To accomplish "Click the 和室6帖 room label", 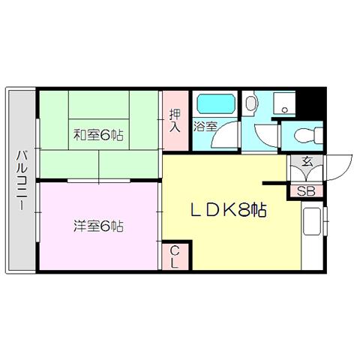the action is tap(98, 135).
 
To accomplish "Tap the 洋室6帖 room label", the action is tap(98, 226).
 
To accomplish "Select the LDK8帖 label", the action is tap(229, 209).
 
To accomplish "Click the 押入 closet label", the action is tap(175, 121).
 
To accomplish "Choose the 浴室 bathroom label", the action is tap(205, 127).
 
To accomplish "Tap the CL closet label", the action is tap(175, 256).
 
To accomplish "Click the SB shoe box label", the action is tap(306, 191).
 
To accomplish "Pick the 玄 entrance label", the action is tap(307, 162).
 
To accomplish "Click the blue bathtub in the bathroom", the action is tap(217, 103).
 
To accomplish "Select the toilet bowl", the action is tap(308, 136).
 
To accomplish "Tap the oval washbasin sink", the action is tap(250, 103).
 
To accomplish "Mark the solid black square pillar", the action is tap(310, 103).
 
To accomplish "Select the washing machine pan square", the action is tap(284, 103).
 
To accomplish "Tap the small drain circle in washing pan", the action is tap(284, 109).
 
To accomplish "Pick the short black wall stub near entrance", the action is tap(274, 184).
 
